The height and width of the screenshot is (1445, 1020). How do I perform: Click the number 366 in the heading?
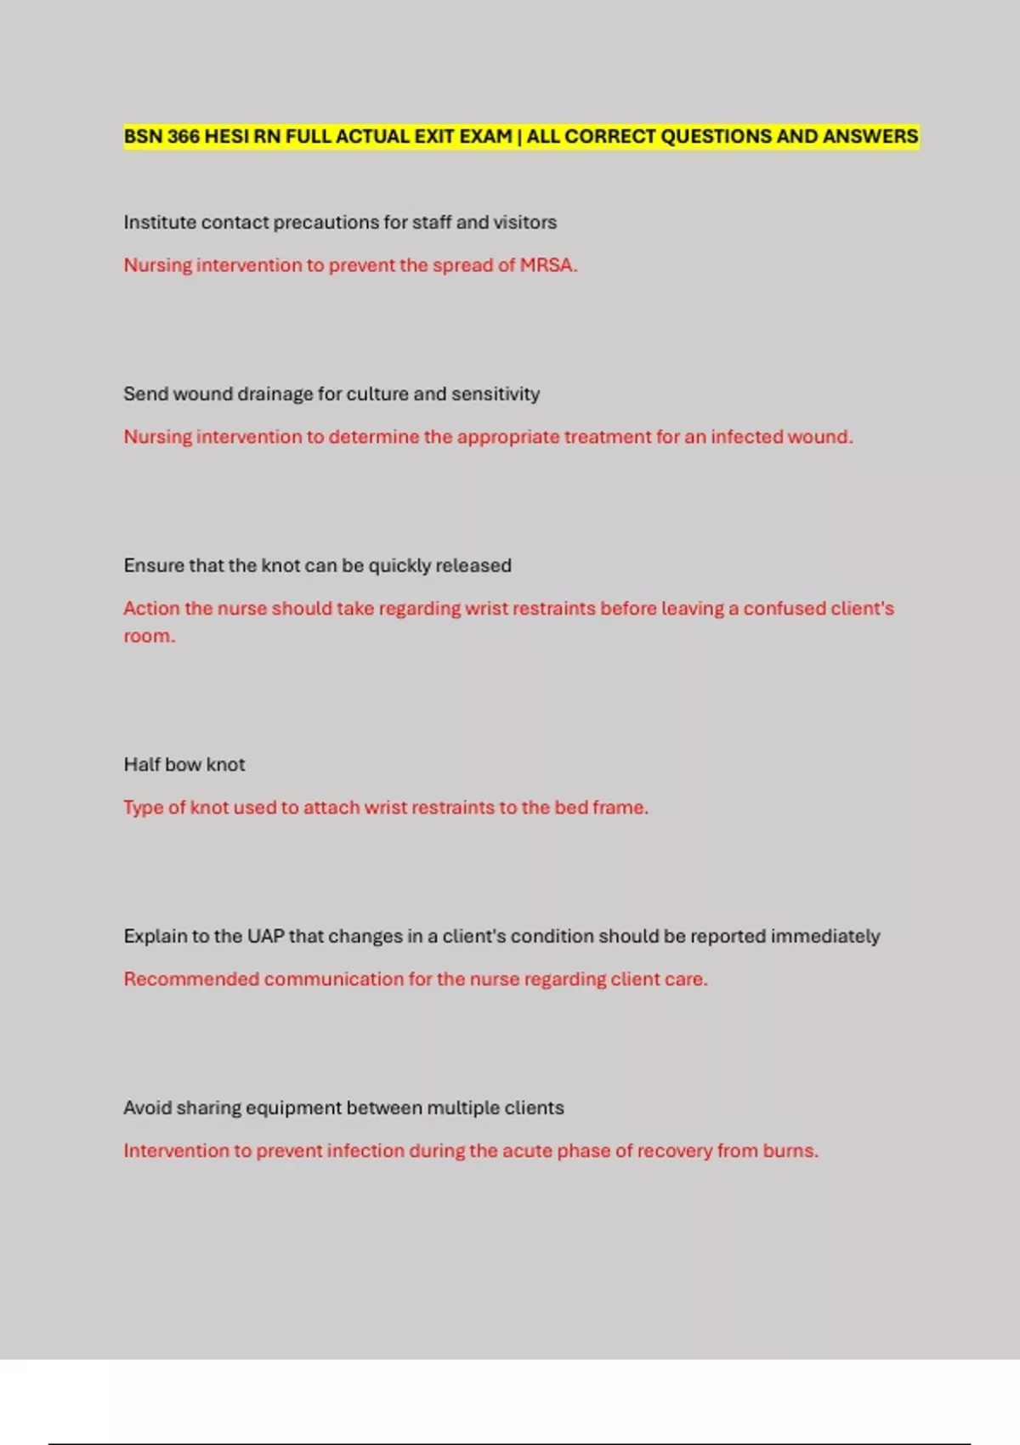(183, 137)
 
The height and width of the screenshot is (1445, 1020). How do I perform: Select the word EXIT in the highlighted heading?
(434, 137)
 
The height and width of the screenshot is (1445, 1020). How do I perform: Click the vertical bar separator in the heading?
(519, 137)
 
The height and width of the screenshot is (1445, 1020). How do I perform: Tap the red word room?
(148, 637)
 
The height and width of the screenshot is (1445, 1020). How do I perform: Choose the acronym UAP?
(265, 937)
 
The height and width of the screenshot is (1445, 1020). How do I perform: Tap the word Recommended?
(191, 979)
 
